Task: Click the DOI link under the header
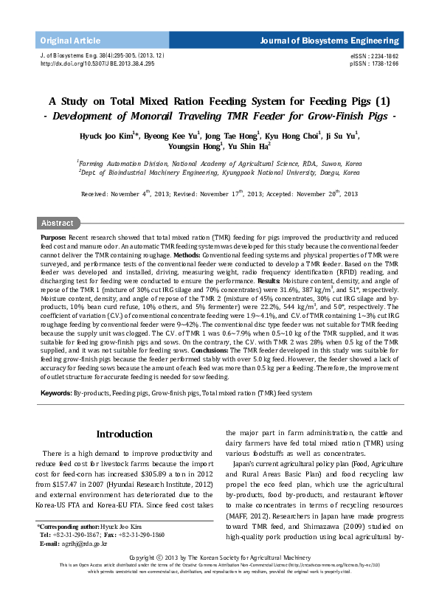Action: (97, 64)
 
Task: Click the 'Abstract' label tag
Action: (57, 223)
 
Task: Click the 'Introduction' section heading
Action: (124, 434)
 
